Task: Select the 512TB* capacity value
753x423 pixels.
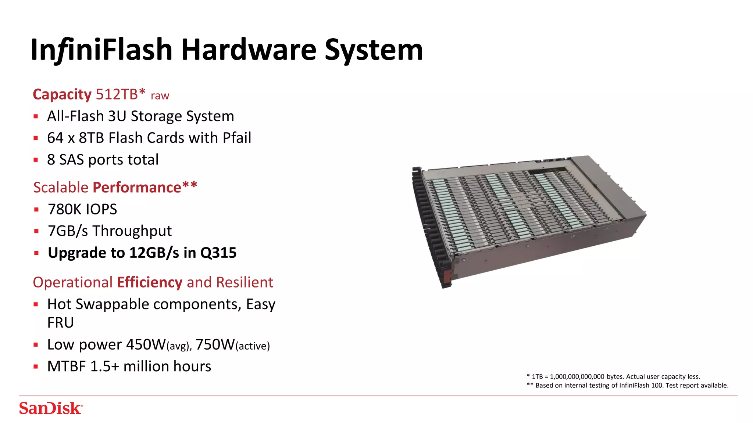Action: pyautogui.click(x=121, y=94)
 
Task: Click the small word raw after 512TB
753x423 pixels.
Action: pyautogui.click(x=160, y=96)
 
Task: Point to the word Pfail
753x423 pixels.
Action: pyautogui.click(x=237, y=138)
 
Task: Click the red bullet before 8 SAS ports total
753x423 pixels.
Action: pyautogui.click(x=36, y=160)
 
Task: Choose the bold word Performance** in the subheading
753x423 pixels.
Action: pyautogui.click(x=145, y=187)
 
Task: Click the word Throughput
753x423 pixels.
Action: pyautogui.click(x=132, y=231)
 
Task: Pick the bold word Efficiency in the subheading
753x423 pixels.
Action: pyautogui.click(x=150, y=282)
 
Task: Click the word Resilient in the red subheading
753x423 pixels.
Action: pyautogui.click(x=245, y=282)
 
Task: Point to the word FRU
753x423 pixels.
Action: pyautogui.click(x=61, y=323)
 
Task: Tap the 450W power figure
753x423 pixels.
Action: pyautogui.click(x=146, y=344)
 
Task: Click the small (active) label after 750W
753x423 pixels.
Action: pyautogui.click(x=253, y=346)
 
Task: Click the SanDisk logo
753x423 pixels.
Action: pyautogui.click(x=51, y=408)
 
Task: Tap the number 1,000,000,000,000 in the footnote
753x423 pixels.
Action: pyautogui.click(x=577, y=376)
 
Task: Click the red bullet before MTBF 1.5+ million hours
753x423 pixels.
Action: pyautogui.click(x=36, y=366)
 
